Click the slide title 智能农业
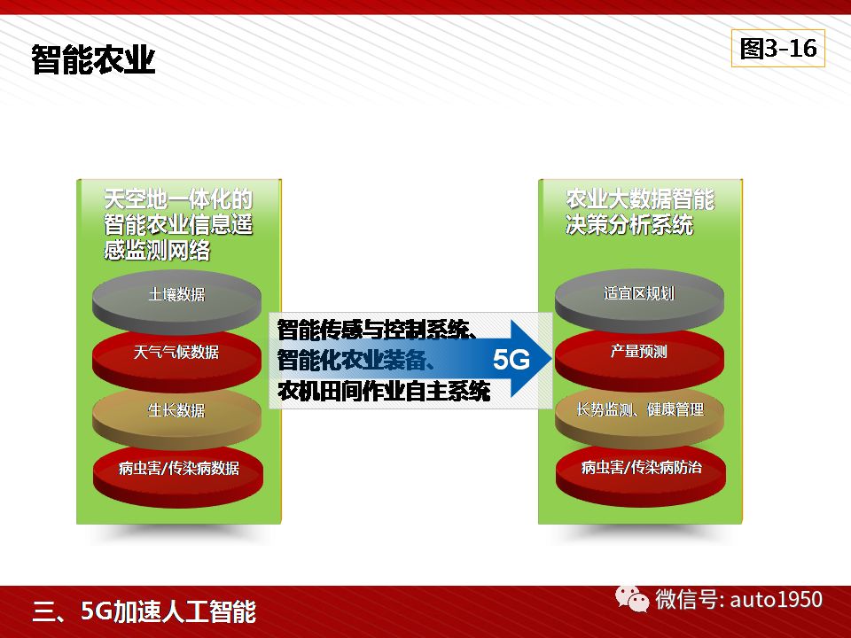[93, 59]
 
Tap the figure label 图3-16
[777, 48]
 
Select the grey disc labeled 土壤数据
[176, 300]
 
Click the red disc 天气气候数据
[176, 358]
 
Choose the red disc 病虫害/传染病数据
[178, 473]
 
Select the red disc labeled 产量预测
[639, 357]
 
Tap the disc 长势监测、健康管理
[639, 415]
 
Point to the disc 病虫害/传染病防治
[640, 473]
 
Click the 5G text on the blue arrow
[511, 360]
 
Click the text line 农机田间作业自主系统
[384, 391]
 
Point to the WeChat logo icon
[632, 599]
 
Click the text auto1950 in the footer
[777, 600]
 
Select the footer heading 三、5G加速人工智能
[144, 612]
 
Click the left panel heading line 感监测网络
[157, 250]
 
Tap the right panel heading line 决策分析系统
[629, 224]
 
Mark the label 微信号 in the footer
[686, 600]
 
